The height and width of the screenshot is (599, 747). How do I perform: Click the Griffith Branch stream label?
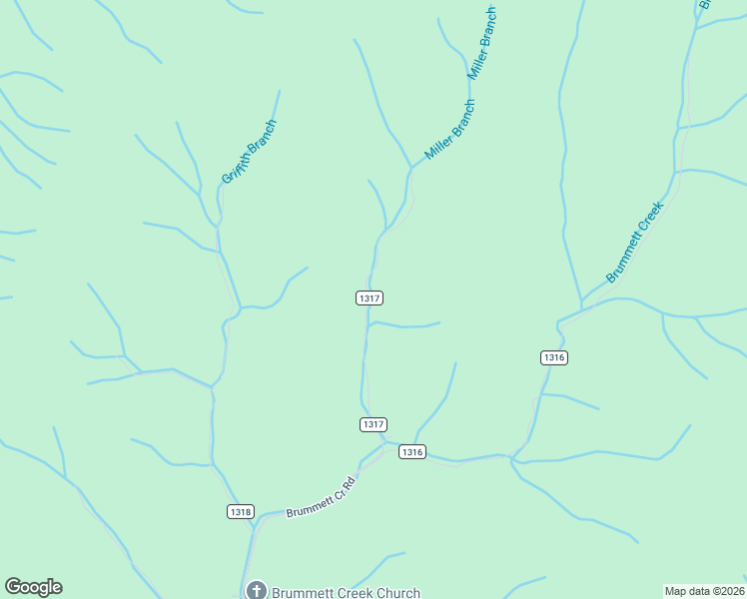pos(249,152)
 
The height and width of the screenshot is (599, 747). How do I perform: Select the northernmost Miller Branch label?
pos(482,43)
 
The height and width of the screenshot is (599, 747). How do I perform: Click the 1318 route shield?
pos(241,512)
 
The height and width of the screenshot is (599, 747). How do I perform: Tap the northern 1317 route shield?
pos(370,298)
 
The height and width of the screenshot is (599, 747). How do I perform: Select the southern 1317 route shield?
pos(373,424)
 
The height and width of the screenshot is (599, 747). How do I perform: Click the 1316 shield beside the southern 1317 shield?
pos(412,452)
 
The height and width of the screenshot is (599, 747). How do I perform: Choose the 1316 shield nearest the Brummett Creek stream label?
pos(554,357)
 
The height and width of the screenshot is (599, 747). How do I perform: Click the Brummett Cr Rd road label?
pos(321,495)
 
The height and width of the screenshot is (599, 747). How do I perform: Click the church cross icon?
pos(256,591)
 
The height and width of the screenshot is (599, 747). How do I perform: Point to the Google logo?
pos(33,587)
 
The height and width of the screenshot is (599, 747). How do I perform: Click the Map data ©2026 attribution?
pos(704,591)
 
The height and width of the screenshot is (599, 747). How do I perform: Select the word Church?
pos(396,592)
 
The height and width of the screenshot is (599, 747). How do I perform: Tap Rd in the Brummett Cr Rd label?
pos(350,480)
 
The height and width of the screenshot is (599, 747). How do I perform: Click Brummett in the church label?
pos(302,592)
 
